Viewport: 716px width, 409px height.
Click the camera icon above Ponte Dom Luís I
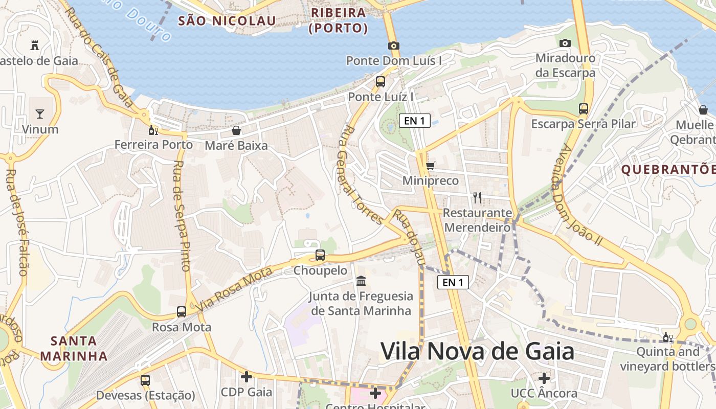[x=393, y=46]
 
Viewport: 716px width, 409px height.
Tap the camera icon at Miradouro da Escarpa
[x=565, y=43]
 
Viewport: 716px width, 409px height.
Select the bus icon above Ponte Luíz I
[x=380, y=81]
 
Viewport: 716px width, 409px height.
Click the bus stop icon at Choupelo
[x=320, y=255]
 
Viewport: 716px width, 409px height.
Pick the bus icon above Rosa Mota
[x=182, y=311]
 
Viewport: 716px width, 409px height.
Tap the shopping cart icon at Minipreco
[x=431, y=166]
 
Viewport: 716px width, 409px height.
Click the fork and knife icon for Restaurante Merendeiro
[x=477, y=197]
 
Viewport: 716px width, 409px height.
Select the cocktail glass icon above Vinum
[x=40, y=113]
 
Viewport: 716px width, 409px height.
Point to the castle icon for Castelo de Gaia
[x=35, y=45]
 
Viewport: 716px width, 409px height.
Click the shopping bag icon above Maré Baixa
[x=236, y=130]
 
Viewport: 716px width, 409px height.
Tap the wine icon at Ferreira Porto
[x=153, y=130]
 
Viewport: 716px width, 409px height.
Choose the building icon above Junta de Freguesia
[x=362, y=281]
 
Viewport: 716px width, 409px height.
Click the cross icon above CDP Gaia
[x=247, y=377]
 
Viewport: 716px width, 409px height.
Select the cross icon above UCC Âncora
[x=544, y=378]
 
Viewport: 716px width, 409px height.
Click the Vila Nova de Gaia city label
[x=477, y=352]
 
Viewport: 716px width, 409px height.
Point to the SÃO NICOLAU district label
[x=227, y=21]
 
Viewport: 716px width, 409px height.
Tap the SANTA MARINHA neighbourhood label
[x=74, y=348]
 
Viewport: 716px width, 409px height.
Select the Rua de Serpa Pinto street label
[x=182, y=216]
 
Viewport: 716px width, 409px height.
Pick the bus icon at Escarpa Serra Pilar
[x=584, y=108]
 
